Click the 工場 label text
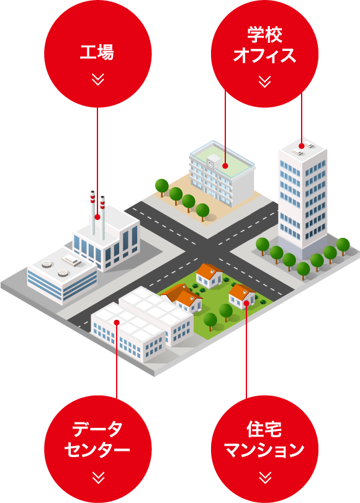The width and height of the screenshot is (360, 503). pos(97,52)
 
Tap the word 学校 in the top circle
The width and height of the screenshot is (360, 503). pos(264,35)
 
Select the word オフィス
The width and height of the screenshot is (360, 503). pos(264,55)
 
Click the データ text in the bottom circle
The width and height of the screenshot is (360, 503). pos(97,429)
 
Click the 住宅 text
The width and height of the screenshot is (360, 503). pos(264,430)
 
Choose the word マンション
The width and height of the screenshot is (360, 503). pos(264,450)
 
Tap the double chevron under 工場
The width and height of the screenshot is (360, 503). pos(98,79)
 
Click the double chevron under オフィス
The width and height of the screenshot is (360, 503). pos(264,82)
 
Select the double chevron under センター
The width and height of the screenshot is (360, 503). pos(98,478)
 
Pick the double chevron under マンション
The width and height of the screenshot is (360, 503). pos(265,478)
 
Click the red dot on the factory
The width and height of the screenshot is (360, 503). pos(97,217)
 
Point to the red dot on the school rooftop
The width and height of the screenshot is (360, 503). pos(225,166)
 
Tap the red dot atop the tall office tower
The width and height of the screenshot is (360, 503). pos(301,147)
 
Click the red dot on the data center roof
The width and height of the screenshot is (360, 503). pos(117,322)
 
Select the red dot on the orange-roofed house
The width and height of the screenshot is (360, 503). pos(246,302)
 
